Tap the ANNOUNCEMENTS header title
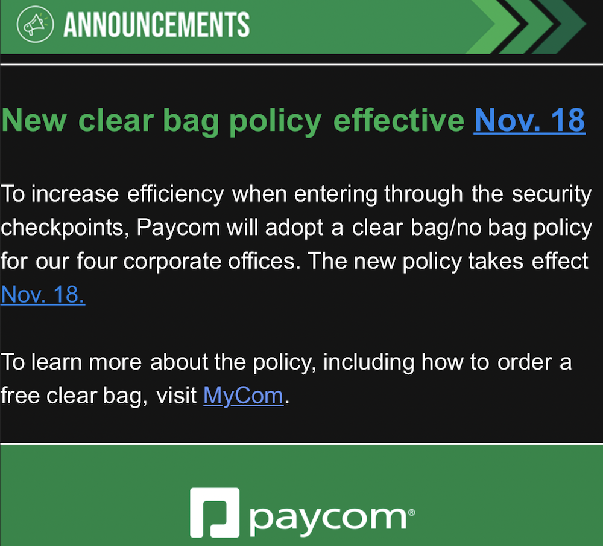click(156, 25)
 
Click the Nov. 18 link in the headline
click(529, 120)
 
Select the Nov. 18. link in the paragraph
click(43, 294)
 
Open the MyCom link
click(243, 396)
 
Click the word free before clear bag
click(22, 396)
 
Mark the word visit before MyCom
click(177, 396)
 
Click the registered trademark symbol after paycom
click(411, 511)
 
